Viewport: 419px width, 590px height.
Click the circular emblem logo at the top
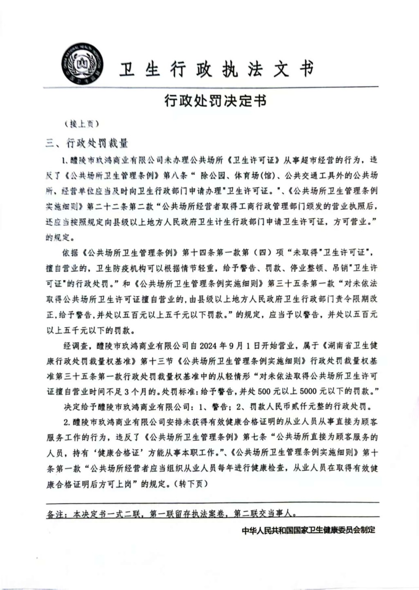[x=82, y=66]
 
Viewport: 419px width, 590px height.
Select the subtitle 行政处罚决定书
[x=215, y=100]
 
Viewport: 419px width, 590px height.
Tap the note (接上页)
[x=81, y=124]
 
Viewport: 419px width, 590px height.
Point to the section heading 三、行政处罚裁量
[x=87, y=143]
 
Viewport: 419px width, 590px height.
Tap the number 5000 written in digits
[x=308, y=391]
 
